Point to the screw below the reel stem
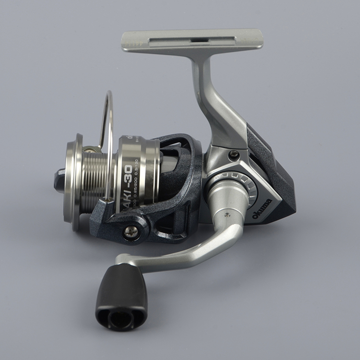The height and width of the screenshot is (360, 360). pos(233,155)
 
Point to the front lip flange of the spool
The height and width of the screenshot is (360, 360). pos(73,182)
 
